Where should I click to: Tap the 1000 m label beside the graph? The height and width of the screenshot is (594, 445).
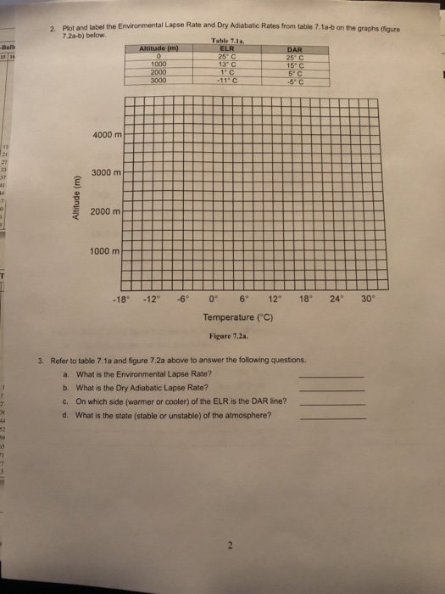click(x=105, y=250)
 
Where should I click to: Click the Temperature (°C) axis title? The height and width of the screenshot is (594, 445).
click(x=242, y=318)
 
